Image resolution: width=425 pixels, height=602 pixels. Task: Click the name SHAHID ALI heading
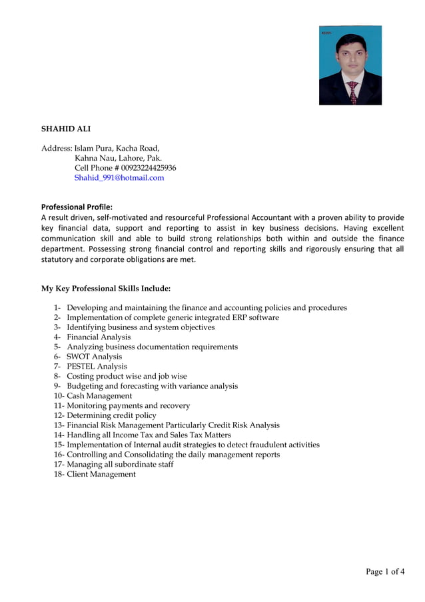pyautogui.click(x=66, y=129)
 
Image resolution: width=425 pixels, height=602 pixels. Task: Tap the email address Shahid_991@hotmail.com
pyautogui.click(x=119, y=178)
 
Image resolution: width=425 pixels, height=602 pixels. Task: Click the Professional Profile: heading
pyautogui.click(x=77, y=207)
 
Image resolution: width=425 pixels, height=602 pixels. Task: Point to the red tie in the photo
pyautogui.click(x=352, y=91)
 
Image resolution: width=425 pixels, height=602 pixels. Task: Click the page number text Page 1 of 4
pyautogui.click(x=385, y=571)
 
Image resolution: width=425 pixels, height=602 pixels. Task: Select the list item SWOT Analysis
pyautogui.click(x=94, y=357)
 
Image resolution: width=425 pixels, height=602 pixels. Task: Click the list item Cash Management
pyautogui.click(x=99, y=396)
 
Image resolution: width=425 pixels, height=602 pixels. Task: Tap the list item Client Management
pyautogui.click(x=101, y=474)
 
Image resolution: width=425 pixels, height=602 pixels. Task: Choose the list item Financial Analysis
pyautogui.click(x=99, y=337)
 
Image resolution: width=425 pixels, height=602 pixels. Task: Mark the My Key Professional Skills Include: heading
pyautogui.click(x=106, y=289)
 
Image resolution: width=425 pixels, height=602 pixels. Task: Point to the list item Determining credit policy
pyautogui.click(x=111, y=415)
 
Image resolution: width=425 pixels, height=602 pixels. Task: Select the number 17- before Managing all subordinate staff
pyautogui.click(x=59, y=464)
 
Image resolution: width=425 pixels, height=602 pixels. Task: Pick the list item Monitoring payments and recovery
pyautogui.click(x=128, y=405)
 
